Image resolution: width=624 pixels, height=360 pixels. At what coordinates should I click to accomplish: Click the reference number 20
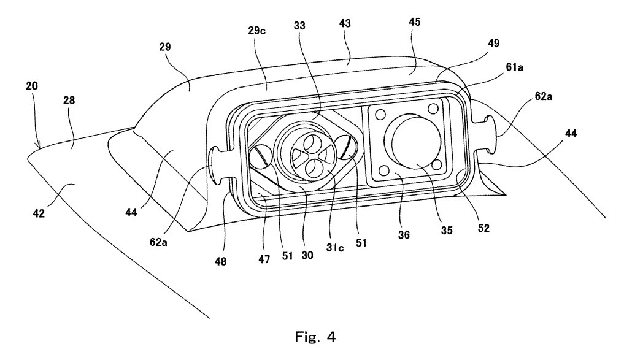32,85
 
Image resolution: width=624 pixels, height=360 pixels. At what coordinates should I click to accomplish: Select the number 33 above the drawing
299,26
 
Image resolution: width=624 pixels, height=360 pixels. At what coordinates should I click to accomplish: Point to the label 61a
515,67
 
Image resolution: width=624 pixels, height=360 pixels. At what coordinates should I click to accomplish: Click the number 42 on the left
39,213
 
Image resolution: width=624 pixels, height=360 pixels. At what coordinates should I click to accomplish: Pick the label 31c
334,248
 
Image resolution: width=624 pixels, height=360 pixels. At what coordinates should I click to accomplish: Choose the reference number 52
483,228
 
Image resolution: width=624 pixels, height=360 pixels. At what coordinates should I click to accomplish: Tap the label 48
220,261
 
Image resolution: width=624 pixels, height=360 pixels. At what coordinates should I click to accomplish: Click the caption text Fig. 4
315,337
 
